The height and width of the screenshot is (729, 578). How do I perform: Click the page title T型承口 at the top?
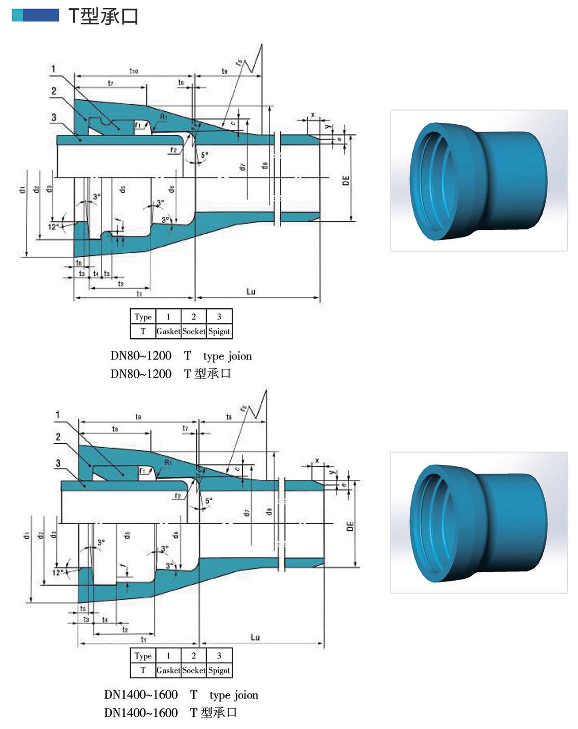point(103,16)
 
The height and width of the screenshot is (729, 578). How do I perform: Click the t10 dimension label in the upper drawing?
point(133,71)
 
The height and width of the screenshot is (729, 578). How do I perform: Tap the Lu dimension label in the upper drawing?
point(250,292)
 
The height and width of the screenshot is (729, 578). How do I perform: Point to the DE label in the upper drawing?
point(346,181)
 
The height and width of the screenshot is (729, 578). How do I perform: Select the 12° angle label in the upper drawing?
point(53,226)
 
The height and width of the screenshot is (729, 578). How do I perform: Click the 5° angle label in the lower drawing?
point(209,501)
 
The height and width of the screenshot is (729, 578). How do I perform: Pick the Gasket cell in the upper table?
point(168,331)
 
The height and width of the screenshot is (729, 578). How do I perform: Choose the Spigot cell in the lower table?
point(219,670)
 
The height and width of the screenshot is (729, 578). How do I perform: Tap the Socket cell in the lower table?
point(194,670)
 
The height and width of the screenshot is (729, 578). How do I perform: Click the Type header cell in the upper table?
point(143,317)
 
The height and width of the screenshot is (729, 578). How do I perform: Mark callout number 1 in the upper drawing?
point(53,69)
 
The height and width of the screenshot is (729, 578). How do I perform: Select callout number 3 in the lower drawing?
point(58,463)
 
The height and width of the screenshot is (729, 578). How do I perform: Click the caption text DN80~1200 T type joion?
point(181,356)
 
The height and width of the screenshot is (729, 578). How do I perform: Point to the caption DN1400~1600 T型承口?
point(171,712)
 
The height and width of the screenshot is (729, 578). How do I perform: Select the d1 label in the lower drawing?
point(27,535)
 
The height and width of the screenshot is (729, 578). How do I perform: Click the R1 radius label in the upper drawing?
point(164,117)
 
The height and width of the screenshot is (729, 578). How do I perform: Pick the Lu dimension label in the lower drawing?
point(255,637)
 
